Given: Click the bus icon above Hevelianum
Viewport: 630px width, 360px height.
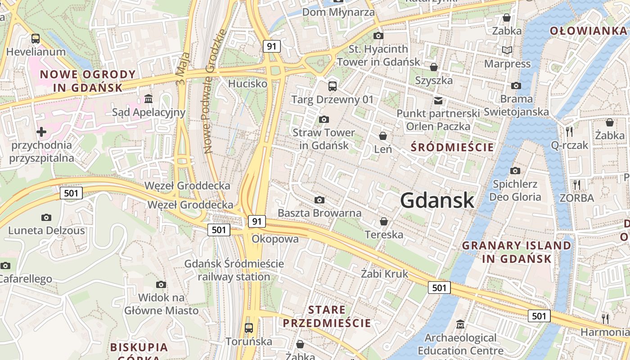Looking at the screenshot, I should click(x=35, y=39).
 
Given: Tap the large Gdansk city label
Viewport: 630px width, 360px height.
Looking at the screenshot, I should click(x=437, y=200).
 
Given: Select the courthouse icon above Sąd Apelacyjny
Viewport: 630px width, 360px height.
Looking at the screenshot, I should click(x=148, y=99).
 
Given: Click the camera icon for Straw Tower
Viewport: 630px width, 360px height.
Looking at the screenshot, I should click(x=324, y=119).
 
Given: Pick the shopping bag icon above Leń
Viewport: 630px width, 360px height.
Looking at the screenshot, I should click(x=383, y=135).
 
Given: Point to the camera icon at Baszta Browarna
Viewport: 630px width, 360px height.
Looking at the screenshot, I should click(x=319, y=200).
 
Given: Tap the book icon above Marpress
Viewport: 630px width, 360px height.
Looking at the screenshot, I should click(x=507, y=50).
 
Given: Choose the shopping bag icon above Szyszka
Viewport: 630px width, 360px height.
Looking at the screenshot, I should click(x=434, y=67).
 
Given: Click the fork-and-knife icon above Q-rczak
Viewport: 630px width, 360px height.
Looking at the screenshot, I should click(x=569, y=131).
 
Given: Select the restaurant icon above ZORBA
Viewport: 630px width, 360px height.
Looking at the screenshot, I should click(x=576, y=184).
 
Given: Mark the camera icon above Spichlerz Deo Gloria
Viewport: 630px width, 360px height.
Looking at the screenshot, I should click(x=515, y=171).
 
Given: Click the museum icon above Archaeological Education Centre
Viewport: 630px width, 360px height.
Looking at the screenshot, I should click(x=460, y=324).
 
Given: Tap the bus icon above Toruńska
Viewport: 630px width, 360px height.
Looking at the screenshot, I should click(x=248, y=328).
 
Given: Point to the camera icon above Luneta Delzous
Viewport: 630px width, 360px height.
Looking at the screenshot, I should click(x=46, y=217).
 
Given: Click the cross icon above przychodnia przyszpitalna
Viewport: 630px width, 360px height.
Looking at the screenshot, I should click(x=41, y=132).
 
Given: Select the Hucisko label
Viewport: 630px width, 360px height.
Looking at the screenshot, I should click(x=247, y=84).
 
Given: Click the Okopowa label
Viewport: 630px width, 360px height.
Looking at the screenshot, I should click(x=275, y=239).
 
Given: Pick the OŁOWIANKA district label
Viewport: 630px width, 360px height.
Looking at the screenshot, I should click(x=588, y=31).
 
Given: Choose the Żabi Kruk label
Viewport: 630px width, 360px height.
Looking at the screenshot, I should click(x=385, y=274).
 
